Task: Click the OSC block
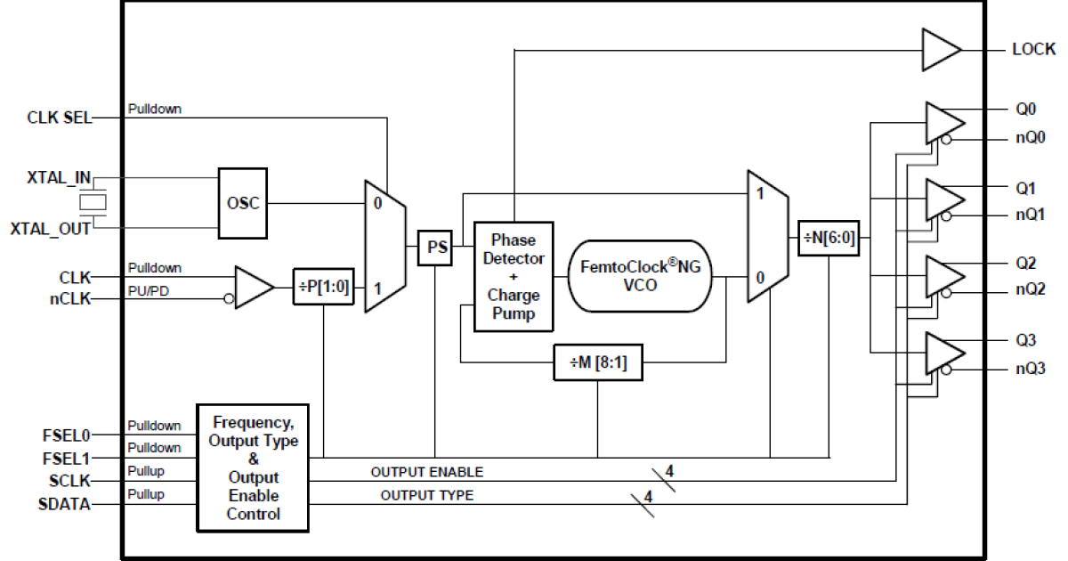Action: pos(243,203)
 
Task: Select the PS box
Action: pos(435,248)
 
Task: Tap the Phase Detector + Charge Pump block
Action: pos(513,276)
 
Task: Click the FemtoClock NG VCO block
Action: pos(641,275)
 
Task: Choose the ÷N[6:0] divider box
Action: pos(829,238)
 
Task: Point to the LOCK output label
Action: pos(1033,50)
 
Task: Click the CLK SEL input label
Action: pos(60,118)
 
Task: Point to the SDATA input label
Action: pos(64,504)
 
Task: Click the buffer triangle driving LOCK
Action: pos(939,50)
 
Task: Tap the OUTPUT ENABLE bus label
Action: pos(426,472)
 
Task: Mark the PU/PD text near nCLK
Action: pos(147,290)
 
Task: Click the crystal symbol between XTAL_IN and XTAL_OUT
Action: pos(93,203)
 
